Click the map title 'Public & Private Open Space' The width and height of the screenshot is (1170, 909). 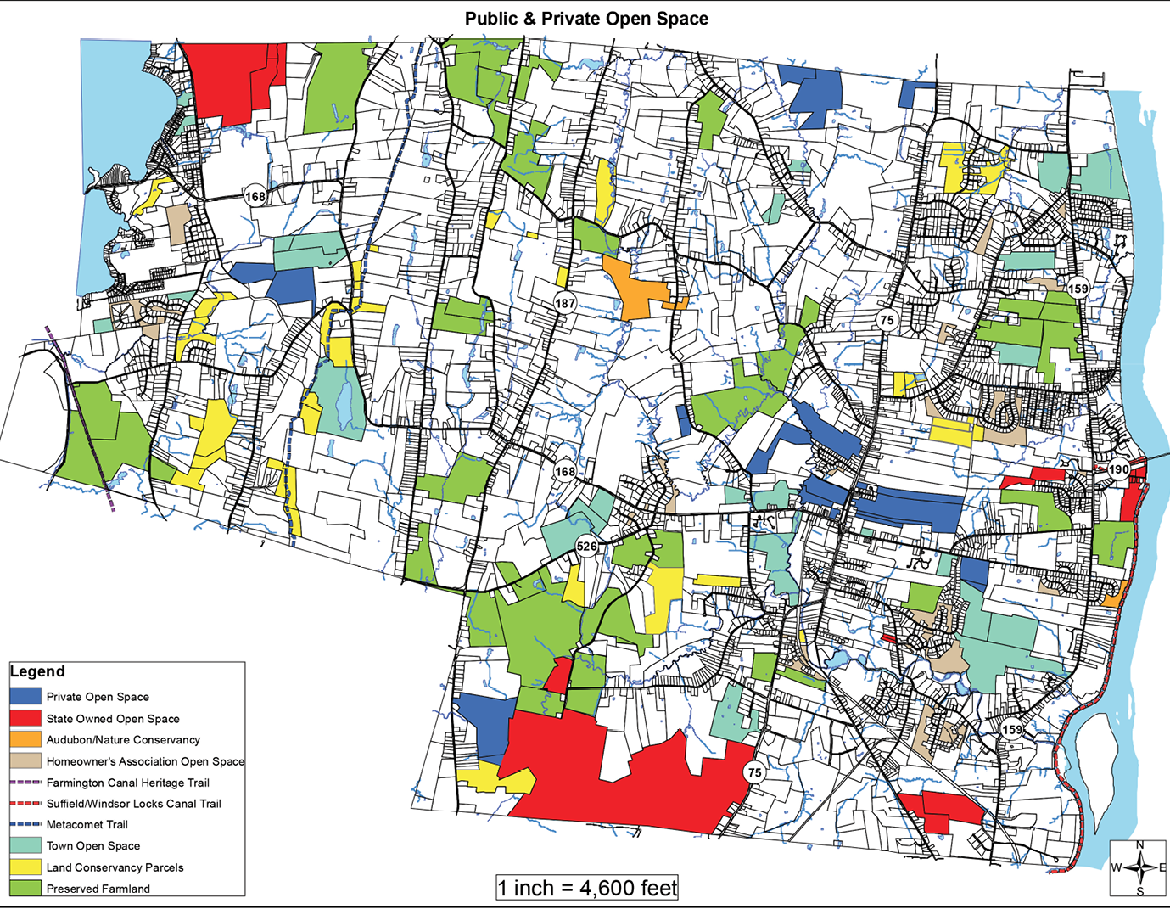[x=585, y=19]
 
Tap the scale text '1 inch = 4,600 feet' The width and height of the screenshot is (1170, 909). [x=587, y=888]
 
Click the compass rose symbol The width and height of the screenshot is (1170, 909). [x=1139, y=867]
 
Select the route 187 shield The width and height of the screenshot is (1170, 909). [x=565, y=303]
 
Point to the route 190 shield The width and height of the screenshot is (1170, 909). [x=1118, y=469]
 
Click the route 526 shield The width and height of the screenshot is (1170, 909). [x=586, y=546]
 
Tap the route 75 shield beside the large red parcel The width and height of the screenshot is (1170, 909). [x=753, y=772]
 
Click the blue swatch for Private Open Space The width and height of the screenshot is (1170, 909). [x=25, y=697]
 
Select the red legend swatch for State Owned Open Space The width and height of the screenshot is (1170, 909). [x=25, y=718]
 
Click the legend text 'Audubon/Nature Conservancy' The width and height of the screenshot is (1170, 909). [x=123, y=740]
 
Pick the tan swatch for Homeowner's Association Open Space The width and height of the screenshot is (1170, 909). [x=25, y=761]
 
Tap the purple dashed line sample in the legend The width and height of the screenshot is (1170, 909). [x=25, y=783]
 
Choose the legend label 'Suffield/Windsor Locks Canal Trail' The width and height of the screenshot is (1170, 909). [x=133, y=804]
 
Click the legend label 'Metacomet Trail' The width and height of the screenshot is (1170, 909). [x=87, y=825]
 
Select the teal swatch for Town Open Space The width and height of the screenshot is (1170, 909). [x=25, y=845]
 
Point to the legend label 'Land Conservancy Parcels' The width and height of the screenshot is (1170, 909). [x=115, y=867]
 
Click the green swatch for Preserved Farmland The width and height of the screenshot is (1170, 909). [x=25, y=889]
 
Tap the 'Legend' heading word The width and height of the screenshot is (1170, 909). [x=37, y=671]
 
